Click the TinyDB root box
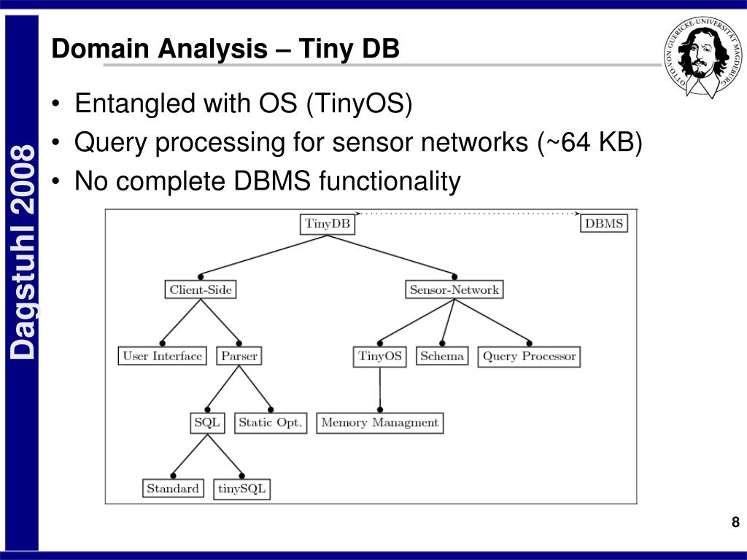pyautogui.click(x=328, y=225)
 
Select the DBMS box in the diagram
pyautogui.click(x=603, y=223)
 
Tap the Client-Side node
pyautogui.click(x=201, y=289)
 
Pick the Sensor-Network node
pyautogui.click(x=454, y=289)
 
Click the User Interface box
pyautogui.click(x=162, y=356)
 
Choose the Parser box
pyautogui.click(x=239, y=356)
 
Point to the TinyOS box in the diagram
pyautogui.click(x=379, y=357)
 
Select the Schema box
pyautogui.click(x=442, y=356)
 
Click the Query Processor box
pyautogui.click(x=529, y=357)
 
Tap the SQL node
pyautogui.click(x=207, y=423)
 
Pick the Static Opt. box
pyautogui.click(x=271, y=423)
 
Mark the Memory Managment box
pyautogui.click(x=379, y=423)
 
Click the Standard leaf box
pyautogui.click(x=173, y=488)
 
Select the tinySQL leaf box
pyautogui.click(x=241, y=489)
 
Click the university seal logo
pyautogui.click(x=703, y=58)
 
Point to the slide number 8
pyautogui.click(x=735, y=522)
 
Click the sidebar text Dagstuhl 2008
pyautogui.click(x=23, y=252)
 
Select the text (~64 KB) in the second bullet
pyautogui.click(x=589, y=142)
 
